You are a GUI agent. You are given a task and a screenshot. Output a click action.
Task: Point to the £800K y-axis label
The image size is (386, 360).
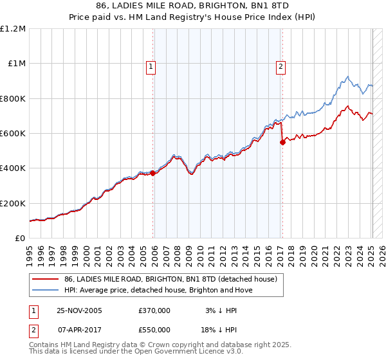pyautogui.click(x=13, y=98)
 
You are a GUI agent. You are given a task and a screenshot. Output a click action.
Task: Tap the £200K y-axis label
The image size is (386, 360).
pyautogui.click(x=13, y=203)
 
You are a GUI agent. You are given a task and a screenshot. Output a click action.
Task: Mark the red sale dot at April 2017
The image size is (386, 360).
pyautogui.click(x=282, y=143)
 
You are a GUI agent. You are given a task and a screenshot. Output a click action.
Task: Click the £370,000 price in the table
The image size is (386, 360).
pyautogui.click(x=154, y=310)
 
